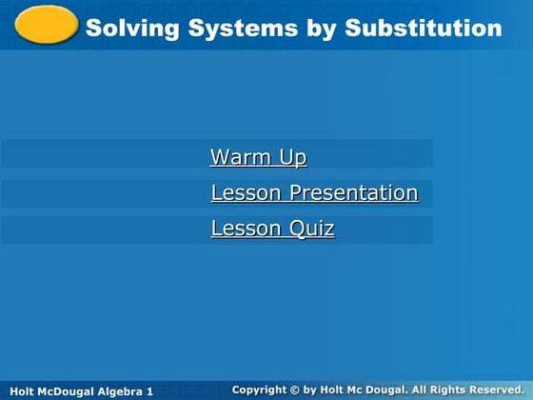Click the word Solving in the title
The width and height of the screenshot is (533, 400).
126,29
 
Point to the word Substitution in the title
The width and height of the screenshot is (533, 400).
423,29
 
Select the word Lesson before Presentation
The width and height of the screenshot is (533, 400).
247,193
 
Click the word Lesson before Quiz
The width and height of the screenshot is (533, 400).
247,229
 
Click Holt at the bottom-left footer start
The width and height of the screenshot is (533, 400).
21,391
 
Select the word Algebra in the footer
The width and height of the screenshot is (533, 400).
122,391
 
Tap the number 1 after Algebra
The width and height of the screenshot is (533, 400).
149,391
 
